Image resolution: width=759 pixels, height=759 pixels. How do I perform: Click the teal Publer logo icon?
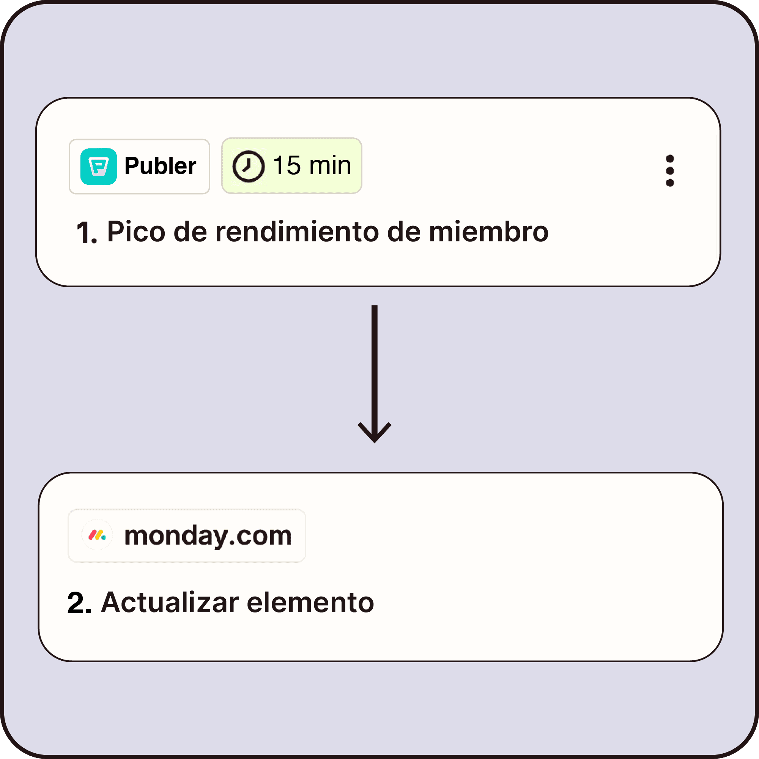click(99, 166)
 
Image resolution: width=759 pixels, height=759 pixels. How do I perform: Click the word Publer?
click(160, 166)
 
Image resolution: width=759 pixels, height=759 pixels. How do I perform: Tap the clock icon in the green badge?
click(248, 166)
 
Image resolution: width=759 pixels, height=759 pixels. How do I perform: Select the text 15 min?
click(312, 165)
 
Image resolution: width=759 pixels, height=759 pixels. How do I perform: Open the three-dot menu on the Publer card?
click(670, 171)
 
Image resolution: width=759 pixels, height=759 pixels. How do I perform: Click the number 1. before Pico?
click(87, 233)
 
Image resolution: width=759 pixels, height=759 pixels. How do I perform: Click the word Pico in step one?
click(136, 232)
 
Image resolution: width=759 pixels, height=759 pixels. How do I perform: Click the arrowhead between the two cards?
click(375, 434)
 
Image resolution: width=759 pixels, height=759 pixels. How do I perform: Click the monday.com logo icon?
click(97, 535)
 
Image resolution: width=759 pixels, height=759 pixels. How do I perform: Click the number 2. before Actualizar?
click(79, 603)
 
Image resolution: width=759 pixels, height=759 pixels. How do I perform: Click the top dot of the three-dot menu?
click(670, 159)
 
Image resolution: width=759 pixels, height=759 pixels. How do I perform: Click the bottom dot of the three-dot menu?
click(670, 183)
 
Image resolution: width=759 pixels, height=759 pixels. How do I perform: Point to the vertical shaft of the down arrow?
click(375, 365)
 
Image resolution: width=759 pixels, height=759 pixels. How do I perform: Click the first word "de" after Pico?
click(190, 232)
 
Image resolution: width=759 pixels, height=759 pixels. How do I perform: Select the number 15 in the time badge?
click(287, 165)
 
